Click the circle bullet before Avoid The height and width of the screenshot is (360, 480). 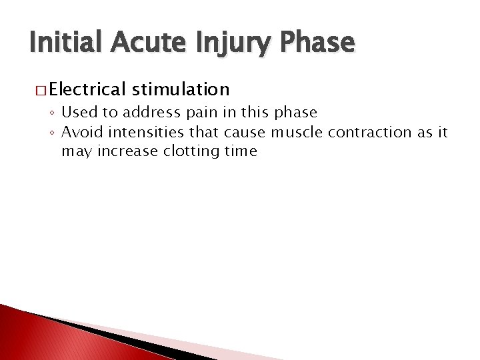click(x=53, y=131)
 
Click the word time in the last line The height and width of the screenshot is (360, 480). click(x=241, y=151)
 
